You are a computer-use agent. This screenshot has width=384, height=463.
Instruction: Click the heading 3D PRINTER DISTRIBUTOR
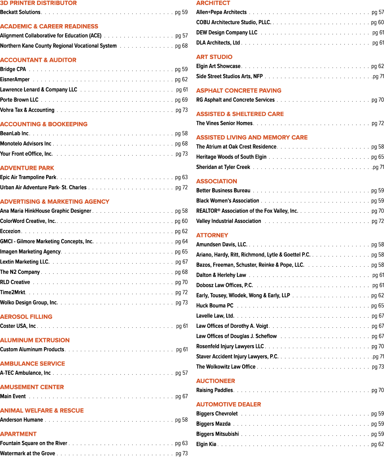pos(38,3)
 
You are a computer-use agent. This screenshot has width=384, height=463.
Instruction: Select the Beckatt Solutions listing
pos(20,12)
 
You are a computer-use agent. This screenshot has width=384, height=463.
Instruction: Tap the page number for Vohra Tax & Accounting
pos(182,110)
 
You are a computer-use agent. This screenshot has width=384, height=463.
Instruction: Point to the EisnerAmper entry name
pos(15,79)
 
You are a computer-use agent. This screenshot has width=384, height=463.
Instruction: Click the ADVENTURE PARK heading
pos(27,168)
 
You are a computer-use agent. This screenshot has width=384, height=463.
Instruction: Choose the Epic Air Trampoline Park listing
pos(28,177)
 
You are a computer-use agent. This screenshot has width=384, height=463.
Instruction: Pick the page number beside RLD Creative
pos(182,282)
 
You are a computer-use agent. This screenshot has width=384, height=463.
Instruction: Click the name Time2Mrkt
pos(13,292)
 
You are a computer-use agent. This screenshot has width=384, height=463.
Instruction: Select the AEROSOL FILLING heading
pos(26,317)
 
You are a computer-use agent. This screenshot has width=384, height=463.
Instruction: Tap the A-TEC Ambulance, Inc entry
pos(25,373)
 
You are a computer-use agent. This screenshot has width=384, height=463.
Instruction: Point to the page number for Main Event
pos(182,397)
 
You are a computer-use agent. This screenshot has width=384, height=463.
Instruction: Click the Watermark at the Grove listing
pos(27,453)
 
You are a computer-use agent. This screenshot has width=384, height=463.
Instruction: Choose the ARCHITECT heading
pos(213,3)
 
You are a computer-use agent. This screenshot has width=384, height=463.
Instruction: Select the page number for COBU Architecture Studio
pos(378,23)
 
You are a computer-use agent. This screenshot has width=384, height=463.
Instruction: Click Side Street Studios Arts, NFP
pos(229,76)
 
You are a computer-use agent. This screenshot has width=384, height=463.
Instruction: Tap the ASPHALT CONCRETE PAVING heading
pos(239,91)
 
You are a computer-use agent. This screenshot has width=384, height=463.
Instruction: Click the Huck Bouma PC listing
pos(215,306)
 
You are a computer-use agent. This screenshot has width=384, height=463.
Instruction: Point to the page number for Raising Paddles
pos(378,390)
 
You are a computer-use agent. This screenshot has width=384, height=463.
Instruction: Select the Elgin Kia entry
pos(206,445)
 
